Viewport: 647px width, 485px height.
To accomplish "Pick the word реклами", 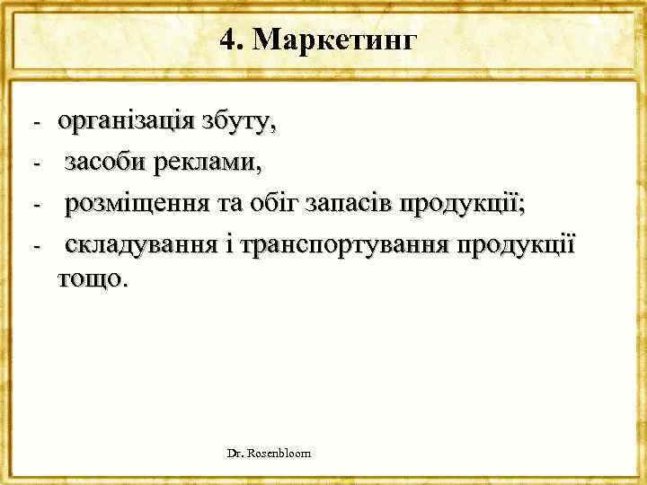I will pos(207,164).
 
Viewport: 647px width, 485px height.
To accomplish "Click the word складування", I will pos(136,245).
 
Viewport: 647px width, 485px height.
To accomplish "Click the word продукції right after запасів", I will pos(464,205).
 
